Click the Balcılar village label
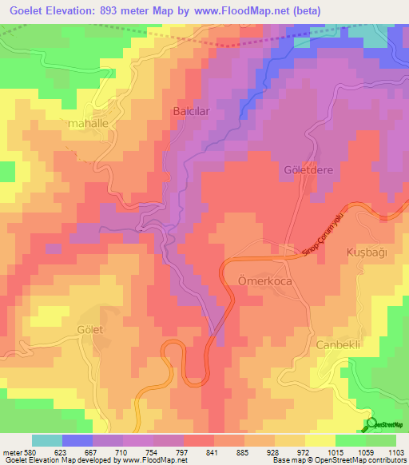191,113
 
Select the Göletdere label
308,171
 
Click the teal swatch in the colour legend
46,440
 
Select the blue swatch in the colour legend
77,440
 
